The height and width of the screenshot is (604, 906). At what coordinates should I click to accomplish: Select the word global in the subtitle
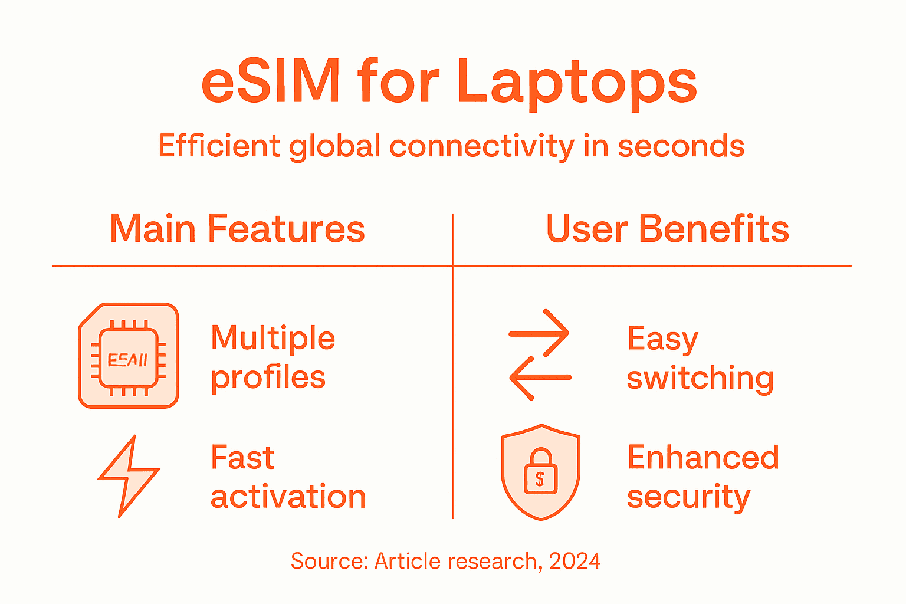point(334,146)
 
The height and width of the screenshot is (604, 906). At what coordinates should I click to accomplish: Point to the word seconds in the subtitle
point(681,146)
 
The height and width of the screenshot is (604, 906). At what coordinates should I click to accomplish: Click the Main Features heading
point(237,229)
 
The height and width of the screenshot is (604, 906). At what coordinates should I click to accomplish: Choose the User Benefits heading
point(667,229)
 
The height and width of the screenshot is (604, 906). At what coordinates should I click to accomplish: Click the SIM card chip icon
point(129,356)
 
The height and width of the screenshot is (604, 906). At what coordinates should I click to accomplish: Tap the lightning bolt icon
point(128,477)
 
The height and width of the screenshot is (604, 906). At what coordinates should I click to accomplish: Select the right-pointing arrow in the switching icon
point(539,333)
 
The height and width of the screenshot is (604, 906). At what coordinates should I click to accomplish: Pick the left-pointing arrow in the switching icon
point(539,377)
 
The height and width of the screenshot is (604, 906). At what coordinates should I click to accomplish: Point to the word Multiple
point(273,338)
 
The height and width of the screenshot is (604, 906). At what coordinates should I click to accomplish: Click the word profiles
point(268,378)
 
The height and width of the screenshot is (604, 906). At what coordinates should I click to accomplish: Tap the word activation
point(288,497)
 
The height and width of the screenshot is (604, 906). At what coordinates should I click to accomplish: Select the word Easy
point(663,340)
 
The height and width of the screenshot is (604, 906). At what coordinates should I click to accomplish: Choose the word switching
point(700,378)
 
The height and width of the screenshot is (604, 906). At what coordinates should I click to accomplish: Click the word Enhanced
point(703,458)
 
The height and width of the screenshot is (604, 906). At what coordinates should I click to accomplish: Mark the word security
point(688,497)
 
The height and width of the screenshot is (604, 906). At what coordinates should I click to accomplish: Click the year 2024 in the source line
point(575,561)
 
